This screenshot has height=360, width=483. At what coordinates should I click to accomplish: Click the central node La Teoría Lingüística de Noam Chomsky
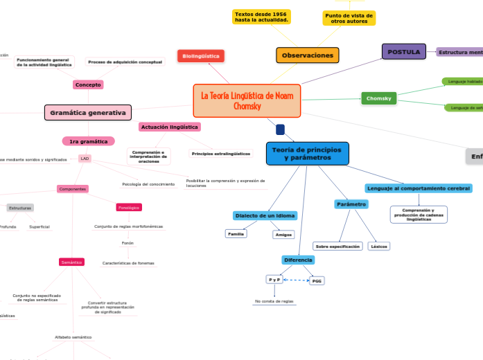coord(247,100)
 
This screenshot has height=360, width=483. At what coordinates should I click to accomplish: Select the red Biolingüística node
coord(201,55)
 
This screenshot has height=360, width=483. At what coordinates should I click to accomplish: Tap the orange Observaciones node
coord(308,55)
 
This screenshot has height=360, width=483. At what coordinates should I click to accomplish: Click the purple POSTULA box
coord(404,51)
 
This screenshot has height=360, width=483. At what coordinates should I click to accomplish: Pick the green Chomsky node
coord(379,98)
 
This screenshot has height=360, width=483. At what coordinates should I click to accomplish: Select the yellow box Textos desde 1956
coord(261,17)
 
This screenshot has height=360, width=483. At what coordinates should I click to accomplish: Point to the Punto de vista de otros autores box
coord(349,18)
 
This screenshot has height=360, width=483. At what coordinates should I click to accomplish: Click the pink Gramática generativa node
coord(88,112)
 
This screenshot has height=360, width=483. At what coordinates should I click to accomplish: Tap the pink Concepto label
coord(88,84)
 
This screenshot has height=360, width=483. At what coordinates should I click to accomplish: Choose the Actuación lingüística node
coord(170,127)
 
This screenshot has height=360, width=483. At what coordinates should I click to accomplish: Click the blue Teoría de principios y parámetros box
coord(307,154)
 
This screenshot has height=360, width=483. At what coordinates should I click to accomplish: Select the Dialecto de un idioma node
coord(265,215)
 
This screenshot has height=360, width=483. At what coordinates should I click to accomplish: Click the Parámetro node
coord(351,204)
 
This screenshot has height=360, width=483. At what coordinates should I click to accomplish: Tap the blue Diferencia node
coord(299,260)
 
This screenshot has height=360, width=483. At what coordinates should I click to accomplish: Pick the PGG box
coord(317,280)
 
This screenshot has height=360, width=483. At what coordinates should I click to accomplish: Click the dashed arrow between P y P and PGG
coord(296,280)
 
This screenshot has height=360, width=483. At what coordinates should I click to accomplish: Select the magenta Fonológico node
coord(129,207)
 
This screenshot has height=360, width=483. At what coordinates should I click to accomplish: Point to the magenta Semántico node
coord(72,262)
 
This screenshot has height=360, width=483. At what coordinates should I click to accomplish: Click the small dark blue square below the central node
coord(280,129)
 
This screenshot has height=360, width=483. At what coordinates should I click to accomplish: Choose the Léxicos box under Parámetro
coord(379,246)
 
